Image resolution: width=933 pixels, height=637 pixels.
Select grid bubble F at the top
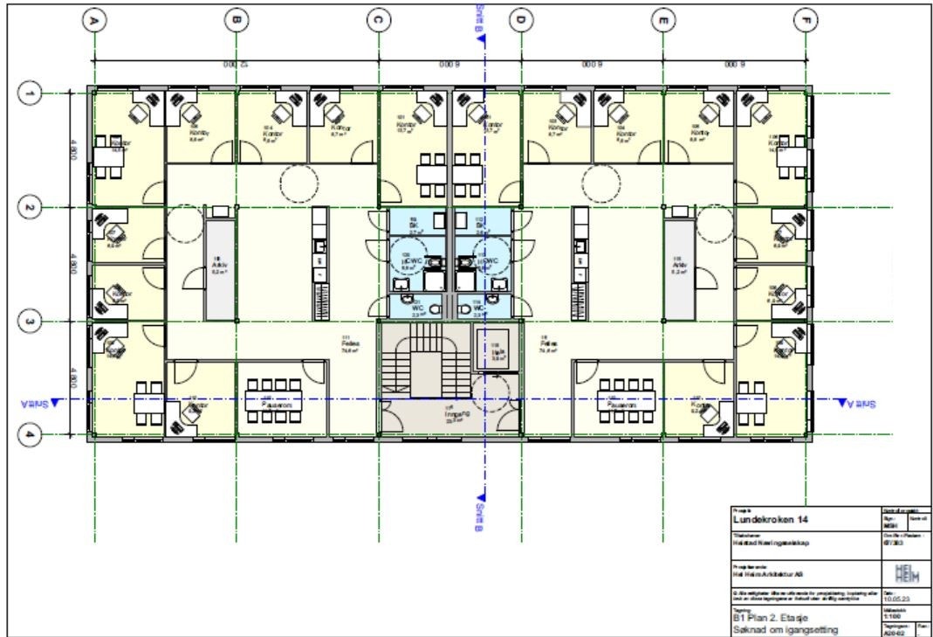click(804, 19)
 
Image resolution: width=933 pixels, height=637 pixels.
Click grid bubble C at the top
click(377, 19)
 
